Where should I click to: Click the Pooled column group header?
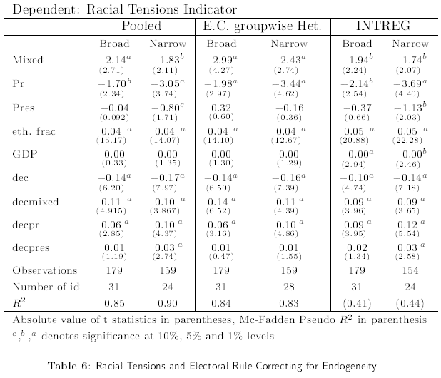pos(141,26)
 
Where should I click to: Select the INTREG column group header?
pos(384,26)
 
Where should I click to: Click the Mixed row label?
pos(28,59)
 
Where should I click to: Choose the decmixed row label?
pos(36,202)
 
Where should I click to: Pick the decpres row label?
pos(32,247)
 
